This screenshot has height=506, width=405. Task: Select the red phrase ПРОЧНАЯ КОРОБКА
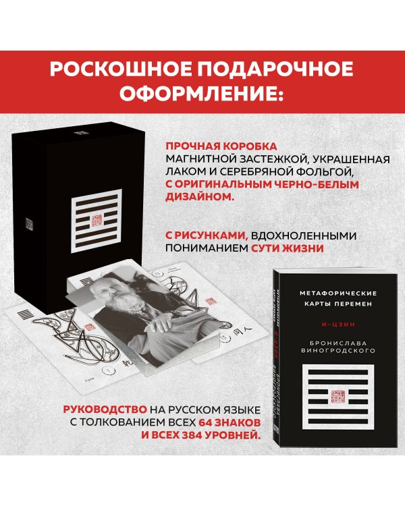212,145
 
